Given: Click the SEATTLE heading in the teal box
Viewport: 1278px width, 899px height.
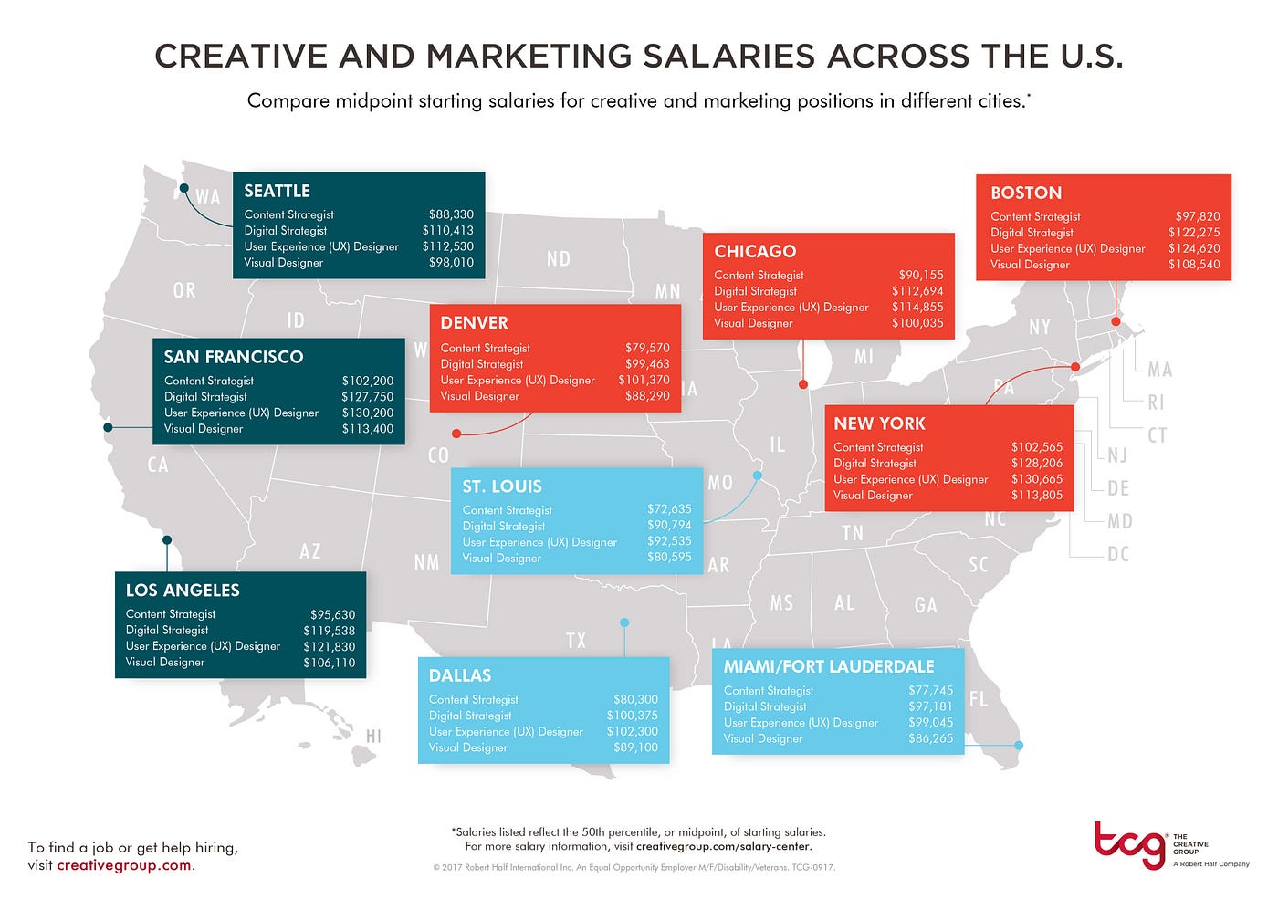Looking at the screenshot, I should tap(277, 191).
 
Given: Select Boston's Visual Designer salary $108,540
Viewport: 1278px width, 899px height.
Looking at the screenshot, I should tap(1194, 265).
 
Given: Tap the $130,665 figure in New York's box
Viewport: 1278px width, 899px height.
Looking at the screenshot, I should tap(1037, 479).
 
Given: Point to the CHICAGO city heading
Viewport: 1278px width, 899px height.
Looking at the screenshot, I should tap(755, 251).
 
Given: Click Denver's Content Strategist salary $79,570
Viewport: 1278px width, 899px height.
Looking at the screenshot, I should tap(647, 348).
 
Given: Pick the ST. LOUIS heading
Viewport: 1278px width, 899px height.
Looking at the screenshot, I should tap(502, 486).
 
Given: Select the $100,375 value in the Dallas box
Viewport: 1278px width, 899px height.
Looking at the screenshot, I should tap(632, 716).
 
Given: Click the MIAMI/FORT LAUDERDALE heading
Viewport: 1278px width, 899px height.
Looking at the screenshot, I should tap(829, 666).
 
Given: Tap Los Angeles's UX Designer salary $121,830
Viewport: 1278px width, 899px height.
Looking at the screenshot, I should tap(329, 646).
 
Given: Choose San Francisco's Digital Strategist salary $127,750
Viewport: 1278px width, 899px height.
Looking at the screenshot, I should tap(367, 396).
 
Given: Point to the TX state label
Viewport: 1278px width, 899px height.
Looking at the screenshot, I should tap(576, 641).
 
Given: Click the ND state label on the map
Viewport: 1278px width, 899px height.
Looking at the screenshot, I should tap(559, 259).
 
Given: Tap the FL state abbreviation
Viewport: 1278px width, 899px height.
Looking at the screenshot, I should tap(979, 700).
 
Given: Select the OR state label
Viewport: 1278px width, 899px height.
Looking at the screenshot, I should tap(184, 290).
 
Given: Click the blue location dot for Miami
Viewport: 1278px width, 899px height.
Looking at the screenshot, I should tap(1019, 746).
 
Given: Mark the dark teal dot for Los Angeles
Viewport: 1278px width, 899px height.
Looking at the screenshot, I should tap(167, 540).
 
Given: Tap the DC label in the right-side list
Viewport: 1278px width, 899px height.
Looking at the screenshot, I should tap(1118, 554).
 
